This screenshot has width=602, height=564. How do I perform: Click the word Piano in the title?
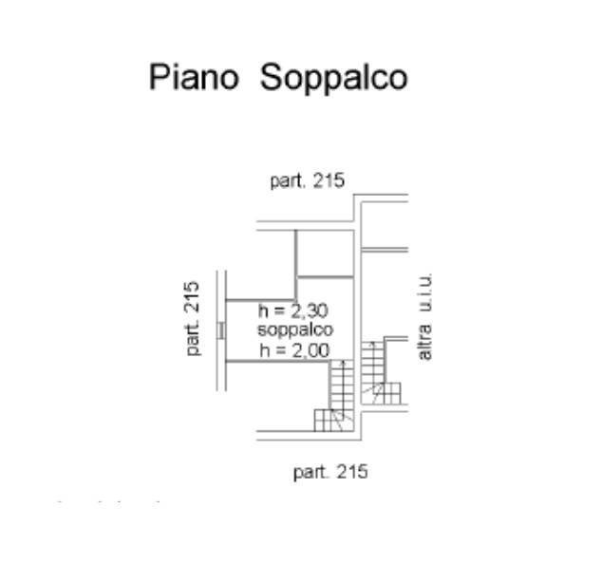(193, 77)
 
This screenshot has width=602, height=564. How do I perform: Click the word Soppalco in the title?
(333, 78)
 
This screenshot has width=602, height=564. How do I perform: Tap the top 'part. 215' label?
(307, 180)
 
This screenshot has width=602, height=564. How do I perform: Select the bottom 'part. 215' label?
(329, 472)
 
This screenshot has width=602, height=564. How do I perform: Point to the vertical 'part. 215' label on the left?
(193, 318)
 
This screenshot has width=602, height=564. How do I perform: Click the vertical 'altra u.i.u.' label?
(424, 316)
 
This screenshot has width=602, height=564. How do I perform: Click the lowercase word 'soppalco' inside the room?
(294, 329)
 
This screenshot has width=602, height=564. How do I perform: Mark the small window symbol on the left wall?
(220, 329)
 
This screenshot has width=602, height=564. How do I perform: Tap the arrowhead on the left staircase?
(344, 410)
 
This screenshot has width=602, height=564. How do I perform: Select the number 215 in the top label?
(329, 180)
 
